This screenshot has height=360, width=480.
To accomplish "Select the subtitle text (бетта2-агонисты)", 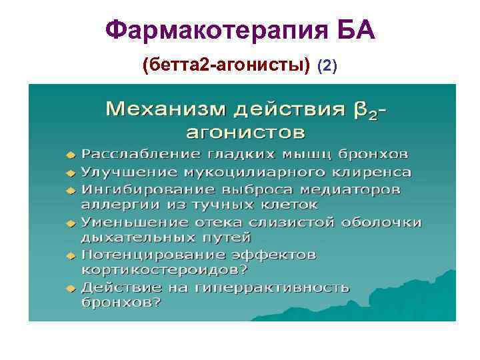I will (227, 65).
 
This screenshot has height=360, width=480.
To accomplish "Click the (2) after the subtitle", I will (328, 66).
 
